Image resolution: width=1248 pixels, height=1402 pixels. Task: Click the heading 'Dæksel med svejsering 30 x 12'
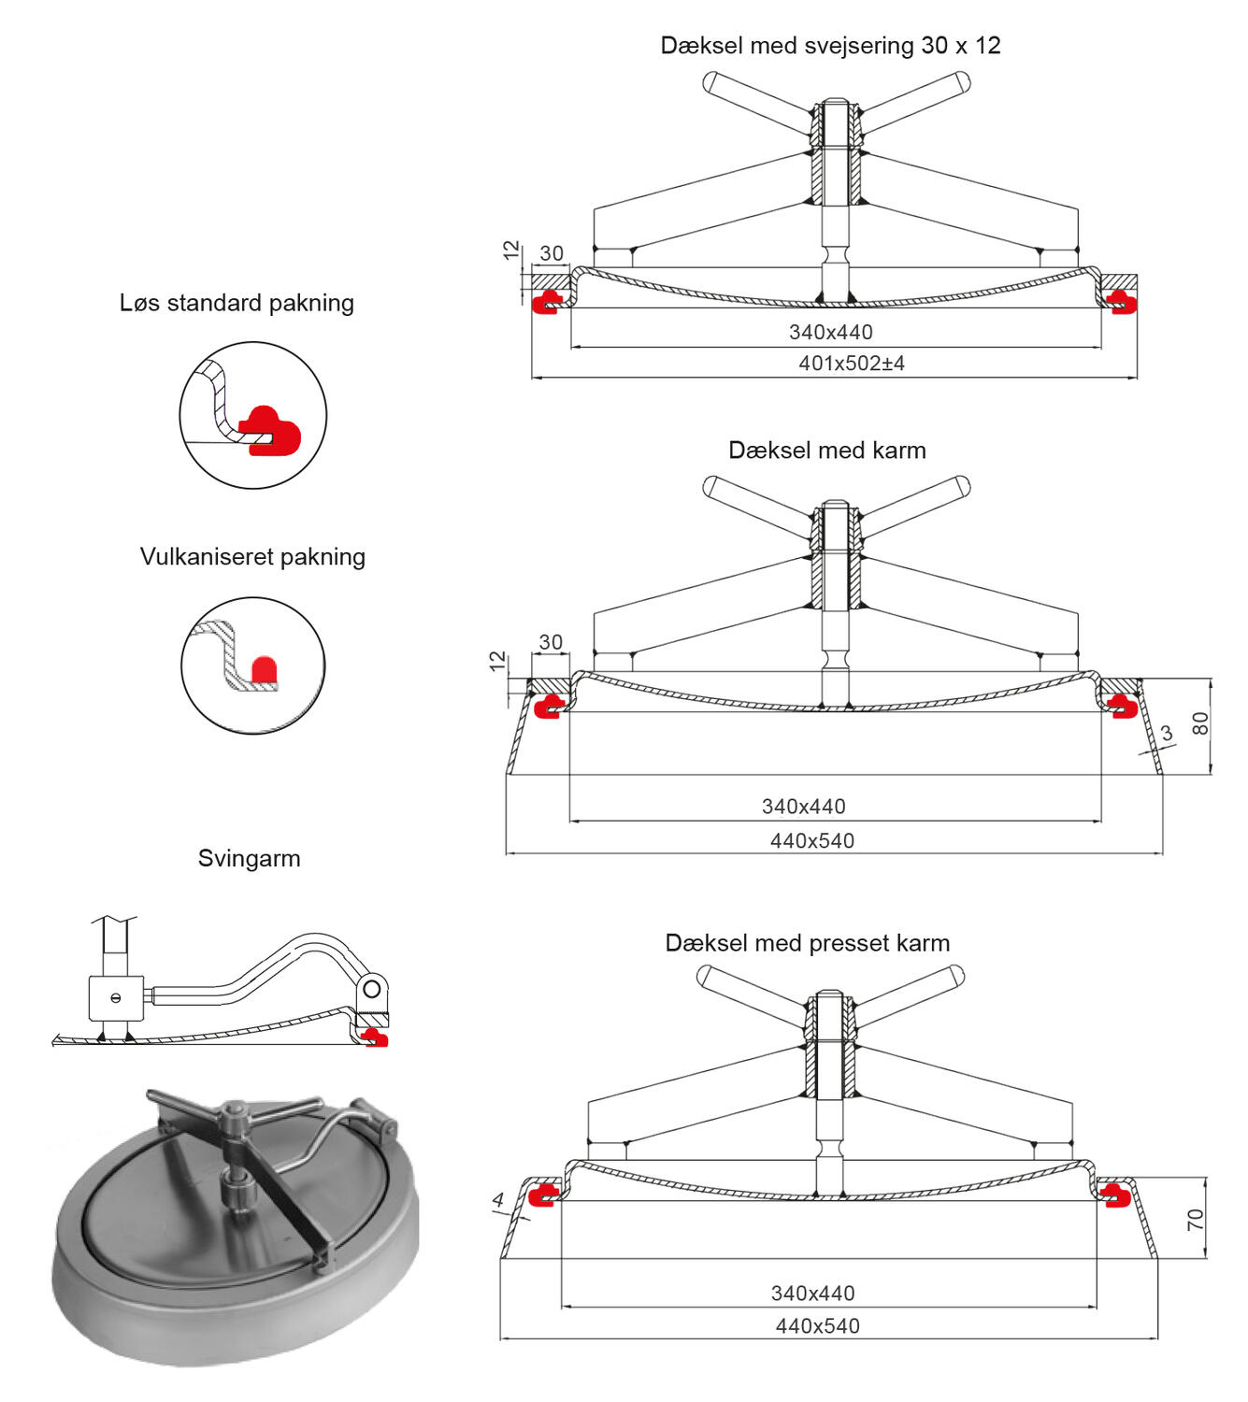(830, 46)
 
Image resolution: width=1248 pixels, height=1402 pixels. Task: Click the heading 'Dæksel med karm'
(826, 451)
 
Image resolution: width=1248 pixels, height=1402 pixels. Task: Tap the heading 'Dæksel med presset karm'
(807, 943)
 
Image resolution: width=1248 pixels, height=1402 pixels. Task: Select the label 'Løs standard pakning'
(237, 303)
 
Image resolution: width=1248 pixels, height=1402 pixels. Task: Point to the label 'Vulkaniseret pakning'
(252, 557)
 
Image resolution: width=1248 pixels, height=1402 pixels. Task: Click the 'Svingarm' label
(249, 859)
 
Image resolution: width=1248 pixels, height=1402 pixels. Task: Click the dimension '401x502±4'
(851, 364)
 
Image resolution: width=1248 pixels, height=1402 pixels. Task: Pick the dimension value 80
(1200, 723)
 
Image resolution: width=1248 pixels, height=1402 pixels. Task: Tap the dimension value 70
(1196, 1219)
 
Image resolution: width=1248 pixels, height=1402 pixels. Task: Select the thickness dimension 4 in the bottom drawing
(498, 1200)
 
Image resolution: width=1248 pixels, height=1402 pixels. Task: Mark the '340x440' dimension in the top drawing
(830, 332)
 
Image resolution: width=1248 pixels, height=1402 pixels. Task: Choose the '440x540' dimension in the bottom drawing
(817, 1326)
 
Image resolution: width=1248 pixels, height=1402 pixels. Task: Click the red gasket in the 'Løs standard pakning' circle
(272, 430)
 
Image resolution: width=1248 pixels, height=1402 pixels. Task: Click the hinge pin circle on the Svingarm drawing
(373, 987)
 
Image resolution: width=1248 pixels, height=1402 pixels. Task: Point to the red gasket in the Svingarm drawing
(376, 1037)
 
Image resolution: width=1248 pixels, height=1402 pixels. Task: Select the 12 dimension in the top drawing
(510, 250)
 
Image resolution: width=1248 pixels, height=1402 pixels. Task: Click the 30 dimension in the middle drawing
(551, 642)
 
